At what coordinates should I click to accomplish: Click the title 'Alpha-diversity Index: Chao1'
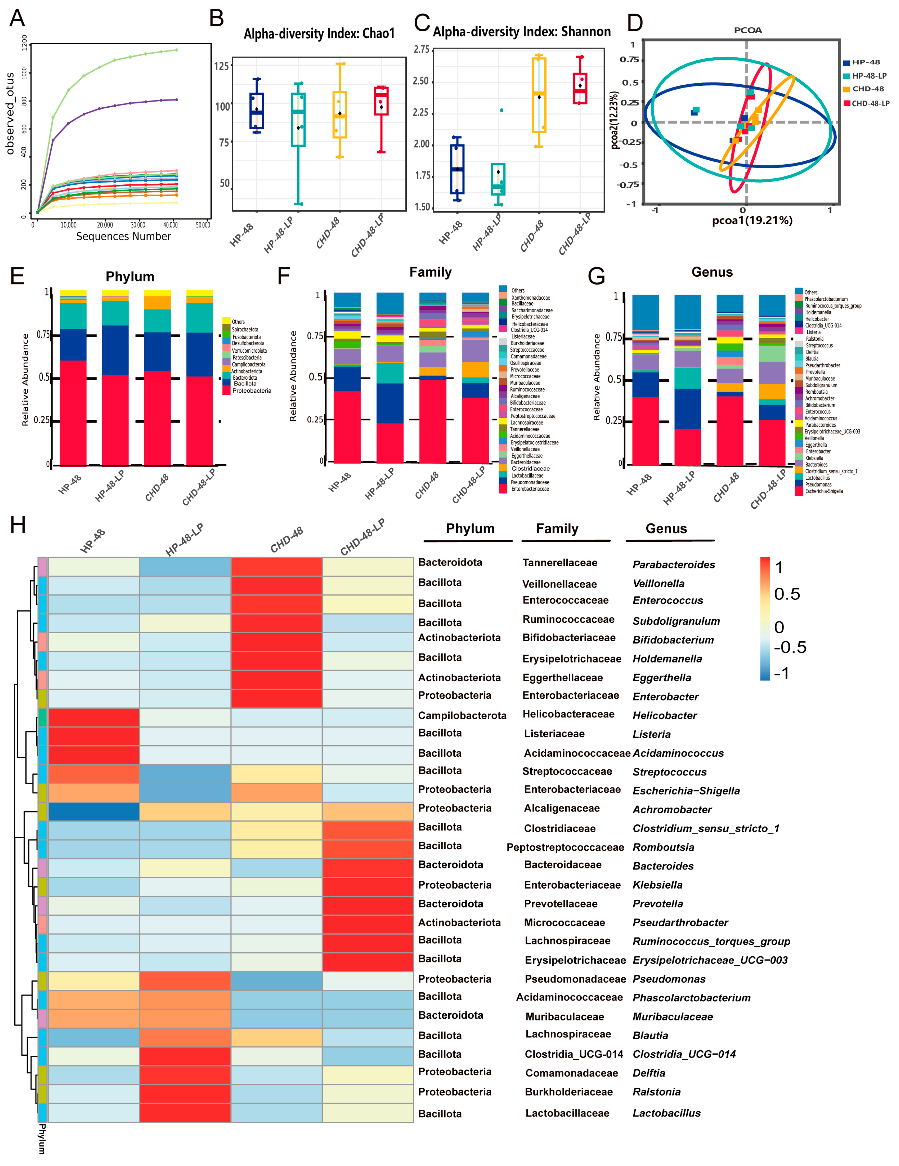pyautogui.click(x=319, y=34)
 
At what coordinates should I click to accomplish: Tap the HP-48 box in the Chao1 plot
pyautogui.click(x=257, y=111)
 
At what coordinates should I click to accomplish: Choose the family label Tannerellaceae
pyautogui.click(x=560, y=563)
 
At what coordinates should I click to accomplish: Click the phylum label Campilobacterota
pyautogui.click(x=462, y=716)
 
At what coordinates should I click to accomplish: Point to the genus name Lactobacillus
pyautogui.click(x=666, y=1113)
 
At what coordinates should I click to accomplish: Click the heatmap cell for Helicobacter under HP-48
pyautogui.click(x=94, y=717)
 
